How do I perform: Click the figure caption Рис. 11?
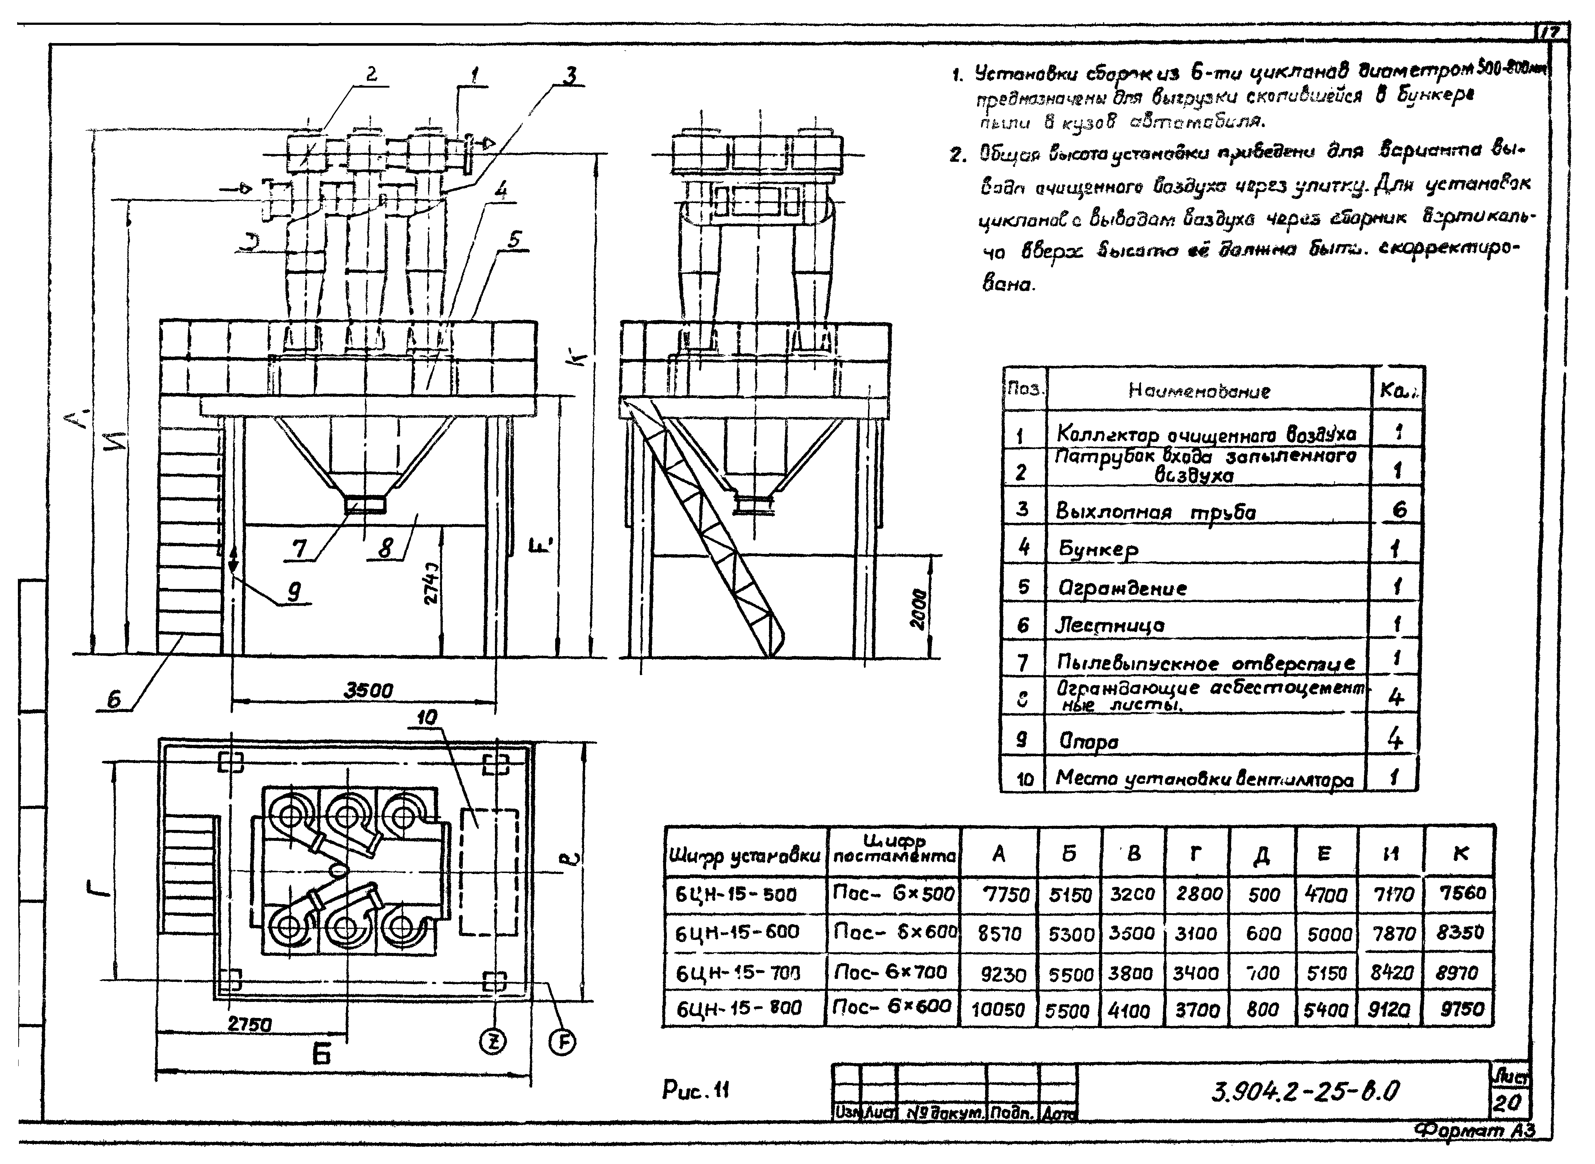click(696, 1090)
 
